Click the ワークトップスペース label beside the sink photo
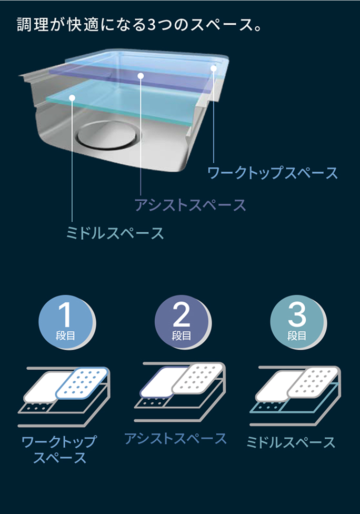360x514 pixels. coord(273,173)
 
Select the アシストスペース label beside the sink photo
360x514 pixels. coord(190,204)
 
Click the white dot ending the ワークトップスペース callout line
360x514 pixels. coord(214,68)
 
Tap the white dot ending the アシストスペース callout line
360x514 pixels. coord(141,76)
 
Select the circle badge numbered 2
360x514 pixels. coord(181,321)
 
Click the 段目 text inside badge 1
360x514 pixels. coord(65,335)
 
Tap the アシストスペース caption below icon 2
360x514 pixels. coord(175,438)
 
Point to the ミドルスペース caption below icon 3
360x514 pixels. coord(291,442)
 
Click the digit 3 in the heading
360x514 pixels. coord(154,25)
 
